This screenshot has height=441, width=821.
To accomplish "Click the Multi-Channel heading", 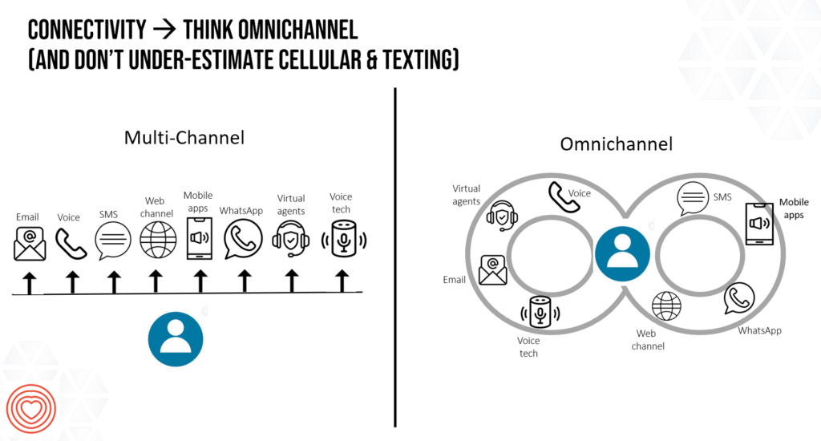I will tap(184, 137).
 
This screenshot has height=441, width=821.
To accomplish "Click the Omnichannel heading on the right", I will tap(616, 144).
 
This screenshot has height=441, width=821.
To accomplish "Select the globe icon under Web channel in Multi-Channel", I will tap(158, 239).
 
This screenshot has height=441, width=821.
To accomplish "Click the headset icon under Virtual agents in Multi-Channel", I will tap(291, 240).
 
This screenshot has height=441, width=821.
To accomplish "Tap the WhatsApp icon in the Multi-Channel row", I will tap(241, 240).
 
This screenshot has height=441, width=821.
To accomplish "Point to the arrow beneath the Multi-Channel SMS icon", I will tap(114, 281).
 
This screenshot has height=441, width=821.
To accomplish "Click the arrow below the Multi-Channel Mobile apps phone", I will tap(200, 281).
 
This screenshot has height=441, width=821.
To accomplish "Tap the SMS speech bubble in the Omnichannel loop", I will tap(693, 198).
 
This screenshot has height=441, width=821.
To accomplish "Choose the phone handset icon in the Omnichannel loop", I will tap(564, 197).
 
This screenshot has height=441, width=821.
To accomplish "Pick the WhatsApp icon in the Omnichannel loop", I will tap(739, 299).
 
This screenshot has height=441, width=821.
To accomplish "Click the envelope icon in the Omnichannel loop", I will tap(493, 270).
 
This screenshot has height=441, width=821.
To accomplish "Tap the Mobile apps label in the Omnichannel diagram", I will tap(794, 208).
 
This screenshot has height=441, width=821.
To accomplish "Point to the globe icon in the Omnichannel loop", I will tap(666, 305).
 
